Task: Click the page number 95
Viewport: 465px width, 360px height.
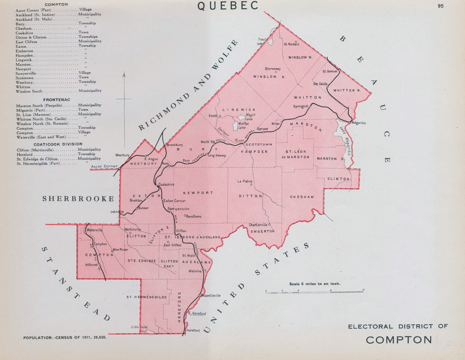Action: coord(440,6)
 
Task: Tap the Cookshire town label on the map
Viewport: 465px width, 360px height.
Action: coord(166,185)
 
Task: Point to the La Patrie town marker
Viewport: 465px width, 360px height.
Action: coord(251,185)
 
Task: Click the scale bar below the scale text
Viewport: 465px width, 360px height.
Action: coord(314,292)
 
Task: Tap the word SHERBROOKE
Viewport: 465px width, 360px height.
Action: coord(78,199)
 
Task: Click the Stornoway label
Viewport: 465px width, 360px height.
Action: coord(273,69)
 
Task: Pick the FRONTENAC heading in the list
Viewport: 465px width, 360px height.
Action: coord(57,100)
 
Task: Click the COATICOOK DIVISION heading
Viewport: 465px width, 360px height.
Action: coord(58,144)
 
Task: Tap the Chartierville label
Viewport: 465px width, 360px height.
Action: coord(258,225)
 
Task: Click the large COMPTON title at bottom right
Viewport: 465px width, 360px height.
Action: coord(399,340)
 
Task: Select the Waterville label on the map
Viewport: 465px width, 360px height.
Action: coord(95,230)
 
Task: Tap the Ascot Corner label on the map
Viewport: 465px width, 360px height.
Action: coord(104,166)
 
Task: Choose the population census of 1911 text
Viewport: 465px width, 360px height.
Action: coord(65,337)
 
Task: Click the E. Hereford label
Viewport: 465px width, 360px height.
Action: coord(197,313)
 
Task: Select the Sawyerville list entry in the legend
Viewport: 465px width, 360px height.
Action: coord(26,73)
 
